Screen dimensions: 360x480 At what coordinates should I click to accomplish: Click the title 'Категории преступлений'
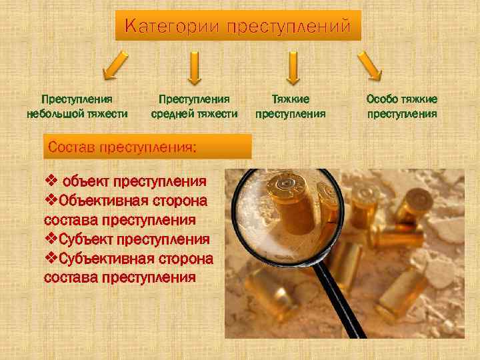pyautogui.click(x=237, y=27)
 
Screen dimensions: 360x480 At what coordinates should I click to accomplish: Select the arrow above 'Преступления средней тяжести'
pyautogui.click(x=194, y=69)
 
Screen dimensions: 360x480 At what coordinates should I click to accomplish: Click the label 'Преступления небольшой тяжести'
pyautogui.click(x=77, y=106)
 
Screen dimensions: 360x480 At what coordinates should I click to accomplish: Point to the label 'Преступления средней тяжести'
pyautogui.click(x=194, y=106)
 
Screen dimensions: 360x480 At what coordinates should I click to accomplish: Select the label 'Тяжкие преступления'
pyautogui.click(x=291, y=106)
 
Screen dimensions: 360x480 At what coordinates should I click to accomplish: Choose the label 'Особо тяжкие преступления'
pyautogui.click(x=402, y=106)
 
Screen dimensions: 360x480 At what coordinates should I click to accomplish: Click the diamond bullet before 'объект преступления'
pyautogui.click(x=51, y=181)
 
